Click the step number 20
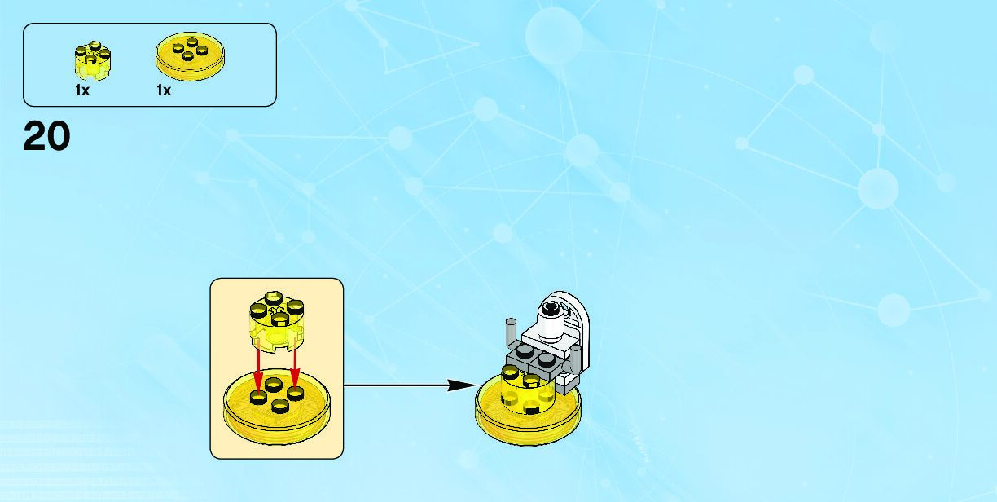click(x=46, y=136)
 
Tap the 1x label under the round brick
click(x=82, y=90)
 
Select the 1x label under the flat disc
click(x=164, y=90)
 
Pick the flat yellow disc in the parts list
click(x=190, y=55)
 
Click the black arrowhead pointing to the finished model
click(x=463, y=385)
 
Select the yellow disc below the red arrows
click(x=277, y=407)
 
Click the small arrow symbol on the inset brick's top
click(x=277, y=310)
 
